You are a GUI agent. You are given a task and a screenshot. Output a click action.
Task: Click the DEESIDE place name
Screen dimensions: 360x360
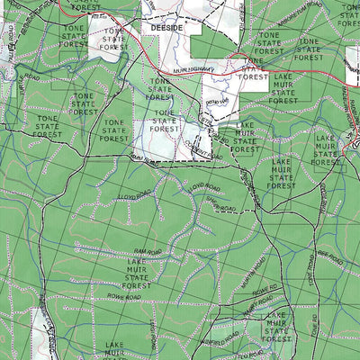(167, 28)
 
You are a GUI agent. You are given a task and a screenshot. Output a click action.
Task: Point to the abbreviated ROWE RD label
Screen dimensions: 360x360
(261, 291)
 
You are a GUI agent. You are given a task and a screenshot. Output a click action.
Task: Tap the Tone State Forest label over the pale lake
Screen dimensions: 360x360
(165, 121)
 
